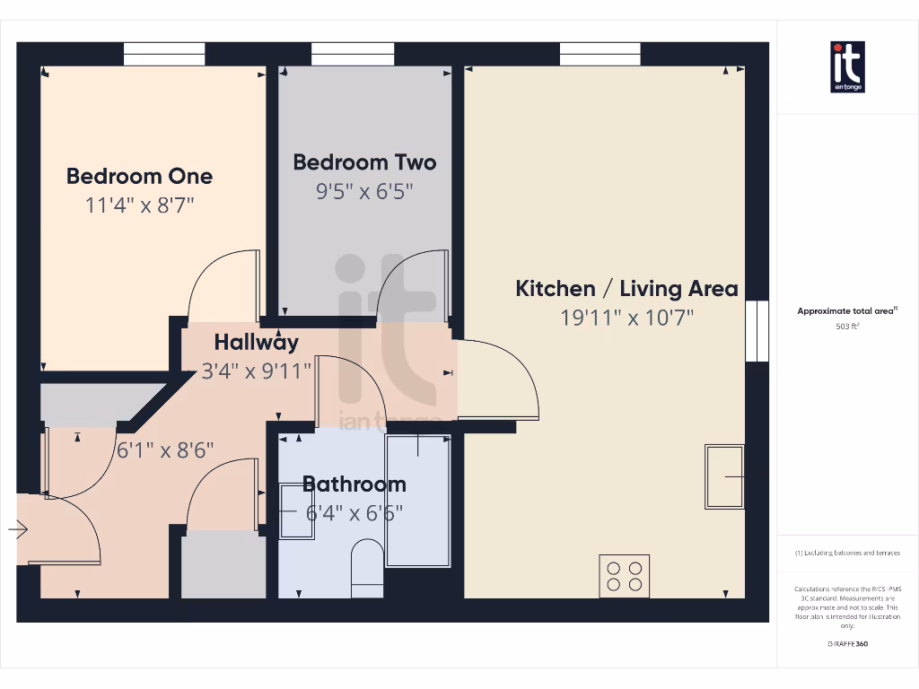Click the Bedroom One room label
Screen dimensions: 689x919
tap(140, 176)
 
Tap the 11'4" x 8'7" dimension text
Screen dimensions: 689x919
tap(140, 205)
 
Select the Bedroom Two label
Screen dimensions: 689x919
tap(364, 162)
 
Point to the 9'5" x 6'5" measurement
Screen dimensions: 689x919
tap(364, 192)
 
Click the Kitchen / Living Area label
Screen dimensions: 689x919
tap(626, 288)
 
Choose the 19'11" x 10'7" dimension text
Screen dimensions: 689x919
tap(626, 318)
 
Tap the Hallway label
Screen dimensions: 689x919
tap(256, 342)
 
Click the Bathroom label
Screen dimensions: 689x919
tap(354, 484)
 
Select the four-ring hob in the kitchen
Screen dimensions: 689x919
tap(625, 575)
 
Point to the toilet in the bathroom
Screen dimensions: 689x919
tap(366, 565)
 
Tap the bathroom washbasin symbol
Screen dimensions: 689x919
tap(296, 511)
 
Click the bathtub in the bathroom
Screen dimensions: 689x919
tap(418, 500)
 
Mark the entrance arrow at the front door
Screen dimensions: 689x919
tap(18, 530)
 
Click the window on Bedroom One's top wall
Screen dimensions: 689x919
tap(165, 54)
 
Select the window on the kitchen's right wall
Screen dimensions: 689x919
tap(757, 330)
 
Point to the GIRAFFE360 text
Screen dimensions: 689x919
tap(848, 643)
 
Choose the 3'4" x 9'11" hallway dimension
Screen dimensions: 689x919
tap(256, 370)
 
